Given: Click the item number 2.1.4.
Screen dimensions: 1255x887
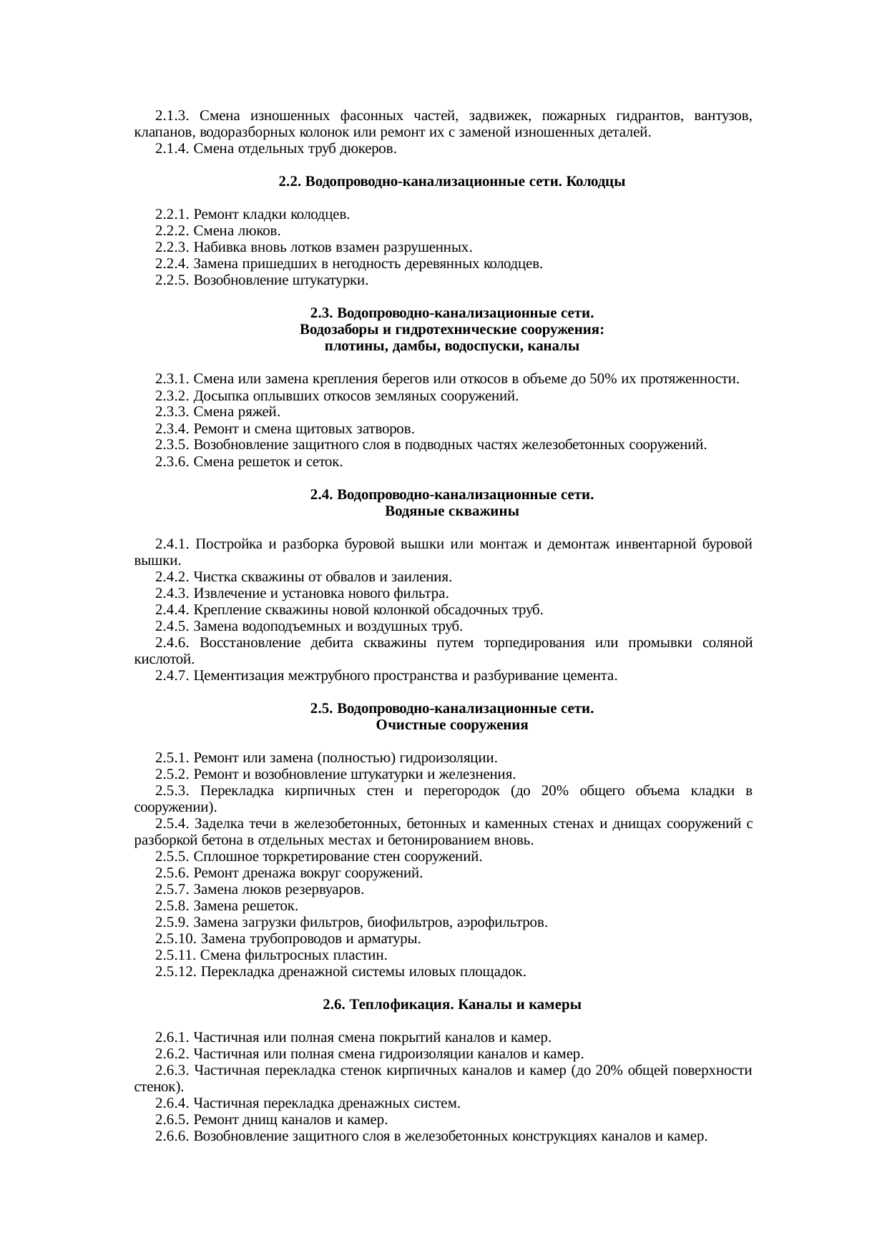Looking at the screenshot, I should pos(172,149).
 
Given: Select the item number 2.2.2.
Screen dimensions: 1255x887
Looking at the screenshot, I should pos(172,231).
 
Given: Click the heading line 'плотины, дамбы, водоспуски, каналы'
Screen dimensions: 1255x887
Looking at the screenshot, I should pos(451,347).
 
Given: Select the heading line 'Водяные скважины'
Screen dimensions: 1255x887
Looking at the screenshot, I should pos(451,511).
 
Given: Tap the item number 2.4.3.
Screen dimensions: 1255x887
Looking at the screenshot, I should pos(172,594).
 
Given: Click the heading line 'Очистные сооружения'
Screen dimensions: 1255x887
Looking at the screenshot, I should pos(451,725).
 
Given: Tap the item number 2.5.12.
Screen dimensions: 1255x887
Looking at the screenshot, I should pos(176,972).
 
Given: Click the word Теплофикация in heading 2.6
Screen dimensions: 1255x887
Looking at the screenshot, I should pos(386,1005).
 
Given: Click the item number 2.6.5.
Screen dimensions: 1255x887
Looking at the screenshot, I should pos(172,1120).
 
